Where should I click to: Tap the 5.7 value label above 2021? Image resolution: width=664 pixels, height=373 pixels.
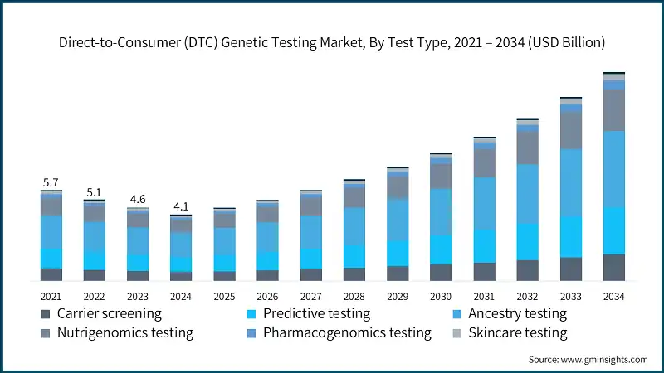[51, 182]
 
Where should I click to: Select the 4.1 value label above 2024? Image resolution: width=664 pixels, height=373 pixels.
[181, 206]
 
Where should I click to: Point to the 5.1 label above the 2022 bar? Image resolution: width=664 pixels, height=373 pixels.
[94, 192]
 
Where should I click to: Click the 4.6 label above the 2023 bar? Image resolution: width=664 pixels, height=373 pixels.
[138, 199]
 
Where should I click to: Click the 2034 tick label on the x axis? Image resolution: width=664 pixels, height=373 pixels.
[614, 296]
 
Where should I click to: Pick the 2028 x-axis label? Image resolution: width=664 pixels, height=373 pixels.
[354, 296]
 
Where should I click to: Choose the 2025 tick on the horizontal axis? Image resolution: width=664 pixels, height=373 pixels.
[224, 296]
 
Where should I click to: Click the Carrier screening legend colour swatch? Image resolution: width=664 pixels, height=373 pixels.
[45, 314]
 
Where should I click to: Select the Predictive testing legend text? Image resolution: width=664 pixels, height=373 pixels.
[316, 314]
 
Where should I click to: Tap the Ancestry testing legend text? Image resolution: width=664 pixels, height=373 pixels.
[517, 314]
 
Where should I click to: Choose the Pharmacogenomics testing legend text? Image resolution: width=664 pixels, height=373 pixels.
[347, 333]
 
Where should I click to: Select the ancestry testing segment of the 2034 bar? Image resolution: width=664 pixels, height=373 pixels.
[614, 169]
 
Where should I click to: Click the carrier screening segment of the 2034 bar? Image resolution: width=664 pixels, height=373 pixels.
[614, 268]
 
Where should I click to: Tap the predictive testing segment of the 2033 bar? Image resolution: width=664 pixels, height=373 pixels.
[571, 237]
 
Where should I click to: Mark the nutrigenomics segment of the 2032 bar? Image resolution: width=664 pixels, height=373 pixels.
[528, 148]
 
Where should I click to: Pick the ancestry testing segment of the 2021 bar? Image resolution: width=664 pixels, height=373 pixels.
[51, 231]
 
